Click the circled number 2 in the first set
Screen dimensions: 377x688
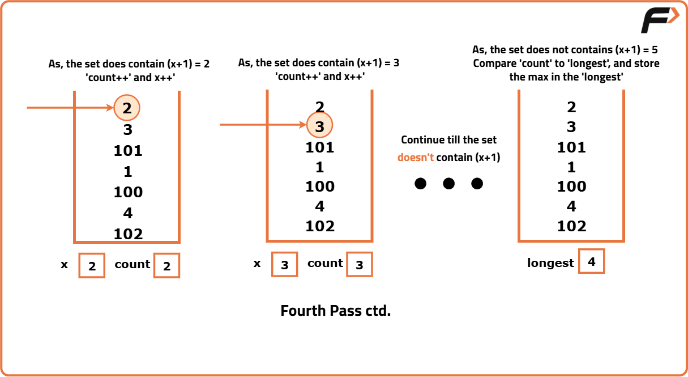pos(127,108)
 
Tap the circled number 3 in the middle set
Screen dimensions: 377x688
pos(319,126)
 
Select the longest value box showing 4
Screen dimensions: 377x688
pos(591,261)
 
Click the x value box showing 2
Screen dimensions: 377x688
pos(92,265)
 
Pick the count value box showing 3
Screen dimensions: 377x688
pos(359,264)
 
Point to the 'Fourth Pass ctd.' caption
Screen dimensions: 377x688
pos(336,311)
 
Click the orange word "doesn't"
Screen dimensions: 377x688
pos(415,157)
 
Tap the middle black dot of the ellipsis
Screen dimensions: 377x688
pos(448,184)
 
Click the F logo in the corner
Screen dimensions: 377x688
pos(659,20)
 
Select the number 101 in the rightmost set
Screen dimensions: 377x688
pos(571,147)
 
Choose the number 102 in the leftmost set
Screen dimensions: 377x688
pos(128,234)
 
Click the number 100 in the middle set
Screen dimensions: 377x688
pos(320,187)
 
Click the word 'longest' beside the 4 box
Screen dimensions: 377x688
pos(550,263)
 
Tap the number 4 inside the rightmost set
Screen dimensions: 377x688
pos(571,206)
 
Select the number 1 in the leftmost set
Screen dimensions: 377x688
pos(127,171)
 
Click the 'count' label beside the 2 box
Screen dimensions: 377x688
pos(133,264)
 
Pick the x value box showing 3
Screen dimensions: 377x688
pos(284,264)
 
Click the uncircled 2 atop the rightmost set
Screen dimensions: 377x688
pos(571,107)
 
